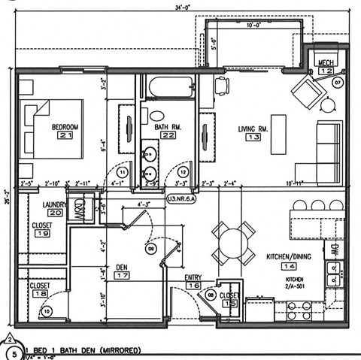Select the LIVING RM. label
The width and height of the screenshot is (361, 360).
click(253, 129)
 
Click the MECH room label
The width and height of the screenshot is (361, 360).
click(326, 62)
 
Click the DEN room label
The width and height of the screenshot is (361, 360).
click(121, 267)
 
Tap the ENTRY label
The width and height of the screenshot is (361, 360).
click(193, 277)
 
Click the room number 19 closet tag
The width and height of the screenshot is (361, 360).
click(43, 234)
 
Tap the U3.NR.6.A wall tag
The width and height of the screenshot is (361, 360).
click(181, 199)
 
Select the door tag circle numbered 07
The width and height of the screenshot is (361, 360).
click(338, 81)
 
